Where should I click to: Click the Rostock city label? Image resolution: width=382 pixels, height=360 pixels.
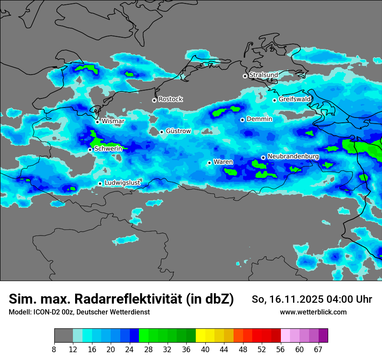pyautogui.click(x=170, y=99)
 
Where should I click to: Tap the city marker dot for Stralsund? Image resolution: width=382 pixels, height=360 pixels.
pyautogui.click(x=245, y=76)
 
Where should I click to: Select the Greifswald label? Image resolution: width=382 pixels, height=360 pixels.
pyautogui.click(x=295, y=99)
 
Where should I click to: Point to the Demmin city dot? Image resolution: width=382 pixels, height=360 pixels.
pyautogui.click(x=242, y=120)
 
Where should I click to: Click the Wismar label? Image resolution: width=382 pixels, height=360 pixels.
pyautogui.click(x=113, y=121)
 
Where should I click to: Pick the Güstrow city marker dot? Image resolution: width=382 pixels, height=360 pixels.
pyautogui.click(x=161, y=132)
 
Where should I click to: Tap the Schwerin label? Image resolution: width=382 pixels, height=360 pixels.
pyautogui.click(x=108, y=149)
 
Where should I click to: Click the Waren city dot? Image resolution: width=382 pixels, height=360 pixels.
pyautogui.click(x=209, y=163)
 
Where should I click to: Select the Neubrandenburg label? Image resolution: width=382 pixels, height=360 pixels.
pyautogui.click(x=293, y=156)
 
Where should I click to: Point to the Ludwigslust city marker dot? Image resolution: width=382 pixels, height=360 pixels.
pyautogui.click(x=100, y=183)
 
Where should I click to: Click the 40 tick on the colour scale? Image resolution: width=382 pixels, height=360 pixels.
pyautogui.click(x=205, y=350)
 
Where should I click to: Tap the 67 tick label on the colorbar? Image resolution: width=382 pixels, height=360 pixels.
pyautogui.click(x=318, y=350)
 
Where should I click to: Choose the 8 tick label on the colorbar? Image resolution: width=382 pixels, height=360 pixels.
pyautogui.click(x=54, y=350)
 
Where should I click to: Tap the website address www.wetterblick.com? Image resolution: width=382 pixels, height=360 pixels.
pyautogui.click(x=313, y=312)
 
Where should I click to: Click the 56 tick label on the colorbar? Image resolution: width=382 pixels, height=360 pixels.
pyautogui.click(x=281, y=350)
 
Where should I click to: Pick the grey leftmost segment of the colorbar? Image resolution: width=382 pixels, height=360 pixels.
pyautogui.click(x=63, y=336)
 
